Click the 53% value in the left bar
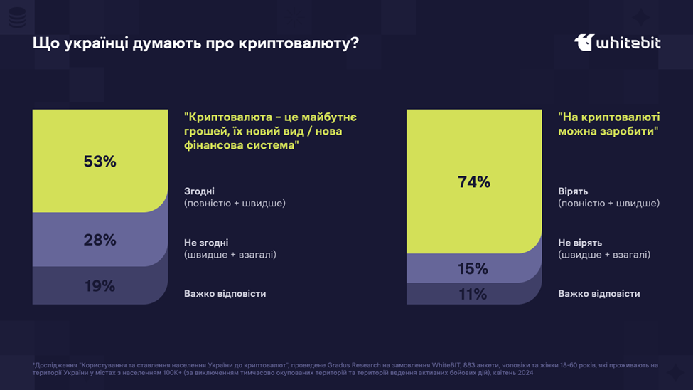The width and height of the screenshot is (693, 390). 100,162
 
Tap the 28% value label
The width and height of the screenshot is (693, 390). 100,240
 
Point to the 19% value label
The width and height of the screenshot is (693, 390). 100,286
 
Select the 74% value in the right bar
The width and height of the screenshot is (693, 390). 474,182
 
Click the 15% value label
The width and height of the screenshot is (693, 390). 473,269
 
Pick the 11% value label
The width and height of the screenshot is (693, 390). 473,294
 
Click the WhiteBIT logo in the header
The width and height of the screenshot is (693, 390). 617,43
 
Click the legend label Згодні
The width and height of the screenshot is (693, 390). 199,191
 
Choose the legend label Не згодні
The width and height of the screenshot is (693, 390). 206,243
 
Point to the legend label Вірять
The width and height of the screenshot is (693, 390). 573,191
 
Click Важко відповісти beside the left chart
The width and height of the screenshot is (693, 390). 225,294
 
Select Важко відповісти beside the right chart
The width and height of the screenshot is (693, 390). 598,294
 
